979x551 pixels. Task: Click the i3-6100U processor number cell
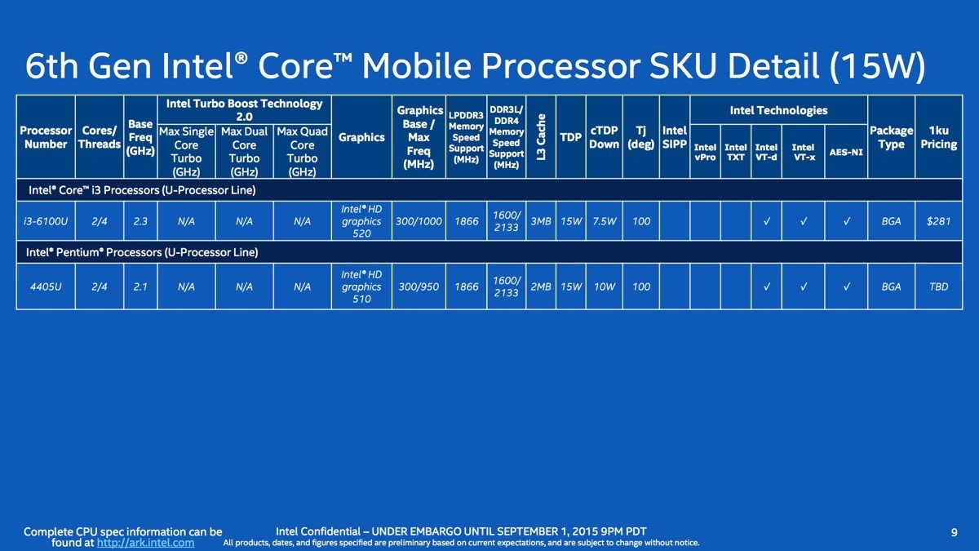pos(46,221)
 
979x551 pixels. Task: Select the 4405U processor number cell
pos(46,287)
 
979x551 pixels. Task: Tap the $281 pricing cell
pos(939,221)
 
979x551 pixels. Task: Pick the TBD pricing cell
pos(939,287)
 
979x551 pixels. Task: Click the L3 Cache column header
pos(541,137)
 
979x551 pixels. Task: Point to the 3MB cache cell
pos(541,221)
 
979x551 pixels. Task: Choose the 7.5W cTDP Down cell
pos(604,221)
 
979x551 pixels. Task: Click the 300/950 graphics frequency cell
pos(419,287)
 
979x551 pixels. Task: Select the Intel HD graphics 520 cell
pos(361,221)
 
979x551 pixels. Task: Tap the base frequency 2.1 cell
pos(140,287)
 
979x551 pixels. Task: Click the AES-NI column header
pos(846,152)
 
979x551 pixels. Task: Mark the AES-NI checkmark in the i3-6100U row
pos(847,221)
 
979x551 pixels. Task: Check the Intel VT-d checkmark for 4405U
pos(767,287)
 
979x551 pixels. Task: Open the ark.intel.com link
pos(145,543)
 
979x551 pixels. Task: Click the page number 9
pos(954,532)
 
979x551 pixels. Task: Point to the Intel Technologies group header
pos(779,110)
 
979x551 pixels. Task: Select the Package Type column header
pos(891,137)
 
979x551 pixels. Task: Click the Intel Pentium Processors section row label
pos(142,252)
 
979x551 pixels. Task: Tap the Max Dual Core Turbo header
pos(244,151)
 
